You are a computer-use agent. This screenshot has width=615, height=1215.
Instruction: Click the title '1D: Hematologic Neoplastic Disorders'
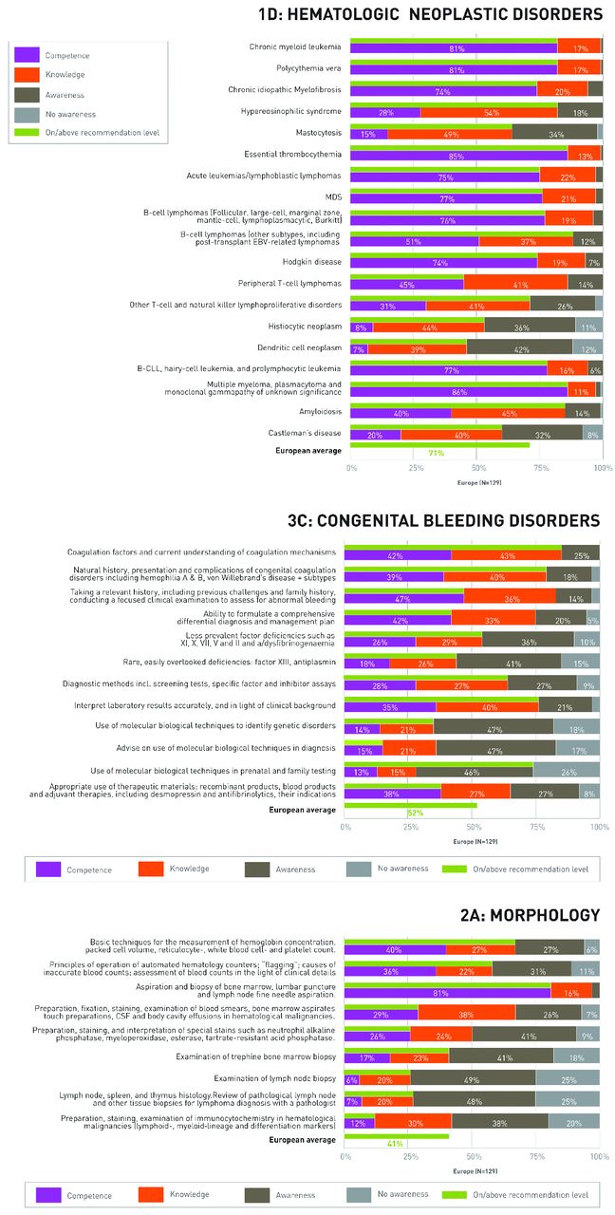pyautogui.click(x=430, y=14)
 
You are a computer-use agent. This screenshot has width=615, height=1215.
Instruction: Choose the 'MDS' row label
pyautogui.click(x=333, y=197)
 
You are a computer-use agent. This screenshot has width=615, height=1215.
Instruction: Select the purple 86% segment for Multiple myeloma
pyautogui.click(x=459, y=391)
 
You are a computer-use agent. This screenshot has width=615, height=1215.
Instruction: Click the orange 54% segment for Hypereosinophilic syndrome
pyautogui.click(x=489, y=112)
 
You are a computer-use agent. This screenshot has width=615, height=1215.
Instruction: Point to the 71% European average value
pyautogui.click(x=437, y=454)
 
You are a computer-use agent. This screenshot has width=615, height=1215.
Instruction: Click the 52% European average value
pyautogui.click(x=415, y=813)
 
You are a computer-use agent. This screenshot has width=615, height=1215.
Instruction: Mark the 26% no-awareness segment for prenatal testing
pyautogui.click(x=567, y=771)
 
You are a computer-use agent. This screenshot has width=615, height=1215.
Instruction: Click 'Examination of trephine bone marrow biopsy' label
pyautogui.click(x=270, y=1056)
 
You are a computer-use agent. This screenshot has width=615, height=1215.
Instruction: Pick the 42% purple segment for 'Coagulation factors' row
pyautogui.click(x=397, y=554)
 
